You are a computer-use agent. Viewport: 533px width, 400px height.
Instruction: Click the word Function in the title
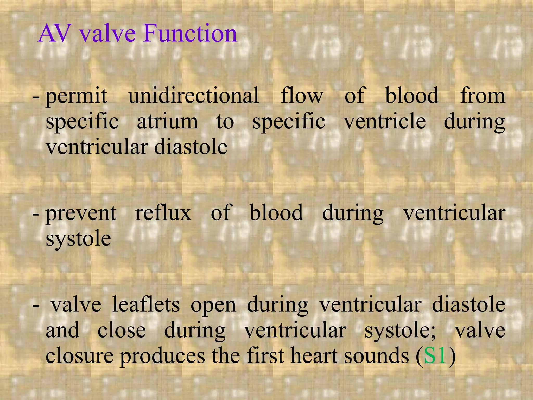coord(190,34)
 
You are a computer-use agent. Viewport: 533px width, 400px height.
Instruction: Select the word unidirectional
coord(194,96)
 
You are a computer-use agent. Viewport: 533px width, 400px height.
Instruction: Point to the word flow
coord(302,96)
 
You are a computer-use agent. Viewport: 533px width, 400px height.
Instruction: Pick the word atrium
coord(167,122)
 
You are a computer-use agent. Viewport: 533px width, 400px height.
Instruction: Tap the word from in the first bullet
coord(483,96)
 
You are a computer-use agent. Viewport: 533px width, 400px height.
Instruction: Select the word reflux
coord(163,213)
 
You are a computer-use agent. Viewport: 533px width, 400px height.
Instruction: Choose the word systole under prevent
coord(78,239)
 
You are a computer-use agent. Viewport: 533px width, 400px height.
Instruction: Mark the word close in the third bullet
coord(122,330)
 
